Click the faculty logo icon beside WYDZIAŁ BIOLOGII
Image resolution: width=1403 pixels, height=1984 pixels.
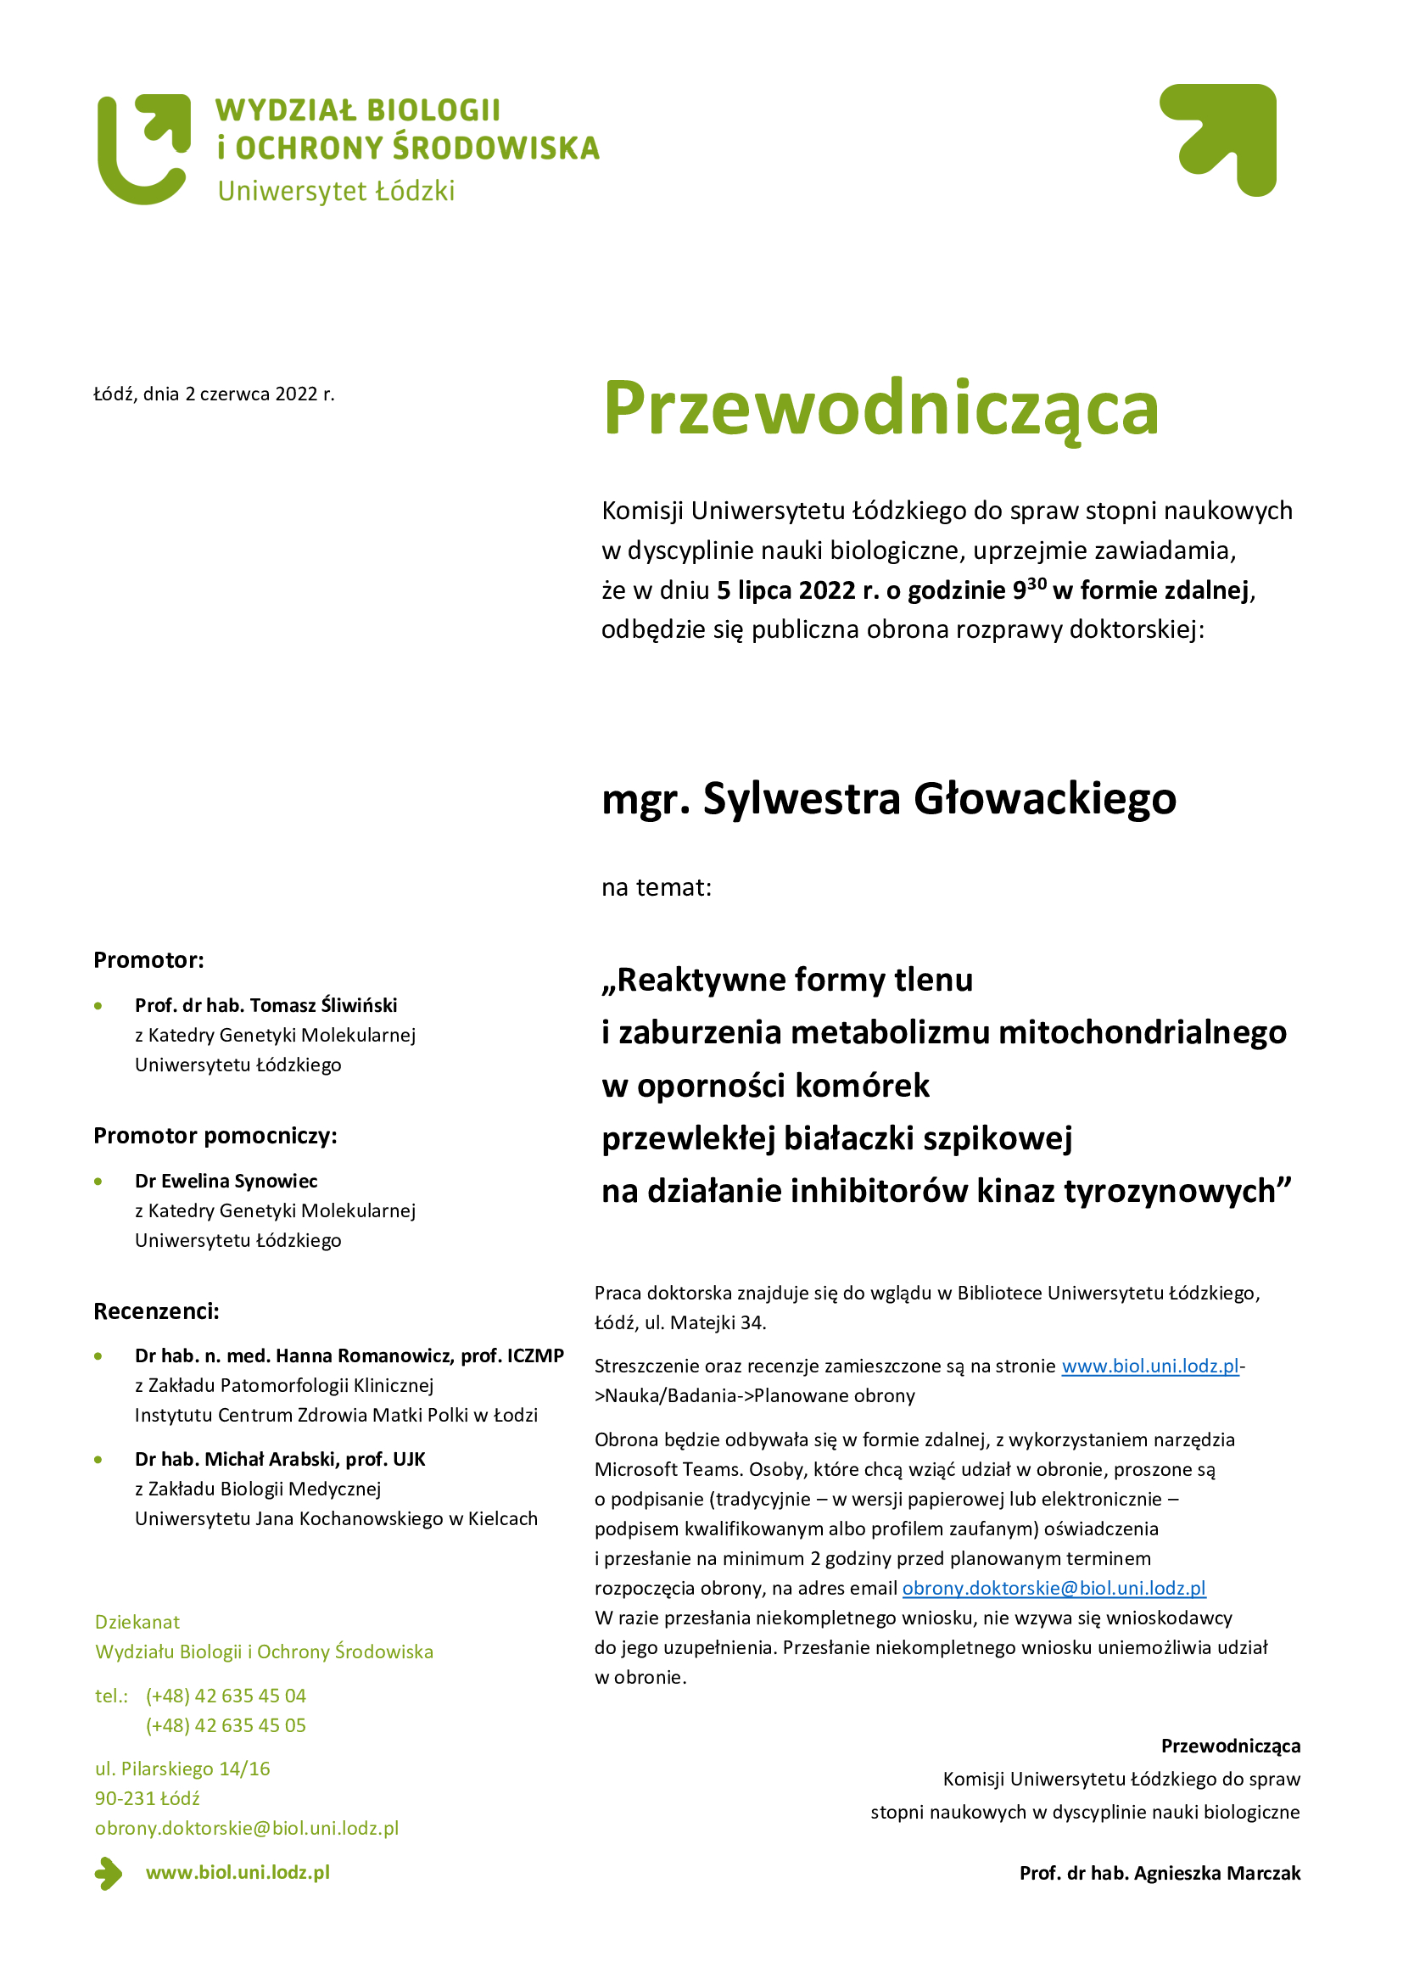pos(143,149)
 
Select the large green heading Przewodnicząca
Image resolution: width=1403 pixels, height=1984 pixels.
pos(880,408)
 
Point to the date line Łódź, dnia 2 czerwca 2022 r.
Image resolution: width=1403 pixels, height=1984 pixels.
pos(215,395)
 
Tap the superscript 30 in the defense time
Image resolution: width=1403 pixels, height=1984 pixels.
pos(1037,583)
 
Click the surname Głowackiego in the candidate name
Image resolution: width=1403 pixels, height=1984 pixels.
pos(1044,798)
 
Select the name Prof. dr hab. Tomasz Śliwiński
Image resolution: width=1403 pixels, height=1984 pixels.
pos(266,1005)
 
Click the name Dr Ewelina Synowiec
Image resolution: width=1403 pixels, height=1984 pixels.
pos(226,1181)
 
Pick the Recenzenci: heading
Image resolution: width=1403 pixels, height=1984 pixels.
pos(156,1311)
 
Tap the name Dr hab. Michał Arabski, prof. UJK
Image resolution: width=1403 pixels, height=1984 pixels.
pos(280,1460)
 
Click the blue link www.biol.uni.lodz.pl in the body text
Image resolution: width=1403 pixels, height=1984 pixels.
pos(1150,1366)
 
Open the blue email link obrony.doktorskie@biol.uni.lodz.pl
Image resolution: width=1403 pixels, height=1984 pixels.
pos(1054,1588)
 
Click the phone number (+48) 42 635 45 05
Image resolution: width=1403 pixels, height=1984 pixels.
pos(226,1725)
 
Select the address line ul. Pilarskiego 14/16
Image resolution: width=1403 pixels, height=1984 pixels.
pos(182,1769)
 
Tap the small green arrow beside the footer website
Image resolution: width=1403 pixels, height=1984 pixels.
pos(109,1874)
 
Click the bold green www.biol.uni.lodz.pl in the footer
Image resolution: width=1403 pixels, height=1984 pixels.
pos(238,1873)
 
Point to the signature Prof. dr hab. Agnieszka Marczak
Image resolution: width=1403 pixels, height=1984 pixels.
pos(1160,1874)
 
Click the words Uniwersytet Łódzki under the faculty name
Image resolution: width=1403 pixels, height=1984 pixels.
pos(336,191)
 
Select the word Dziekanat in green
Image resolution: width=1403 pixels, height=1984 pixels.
pos(137,1622)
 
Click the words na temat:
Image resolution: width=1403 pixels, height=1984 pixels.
pos(657,887)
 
